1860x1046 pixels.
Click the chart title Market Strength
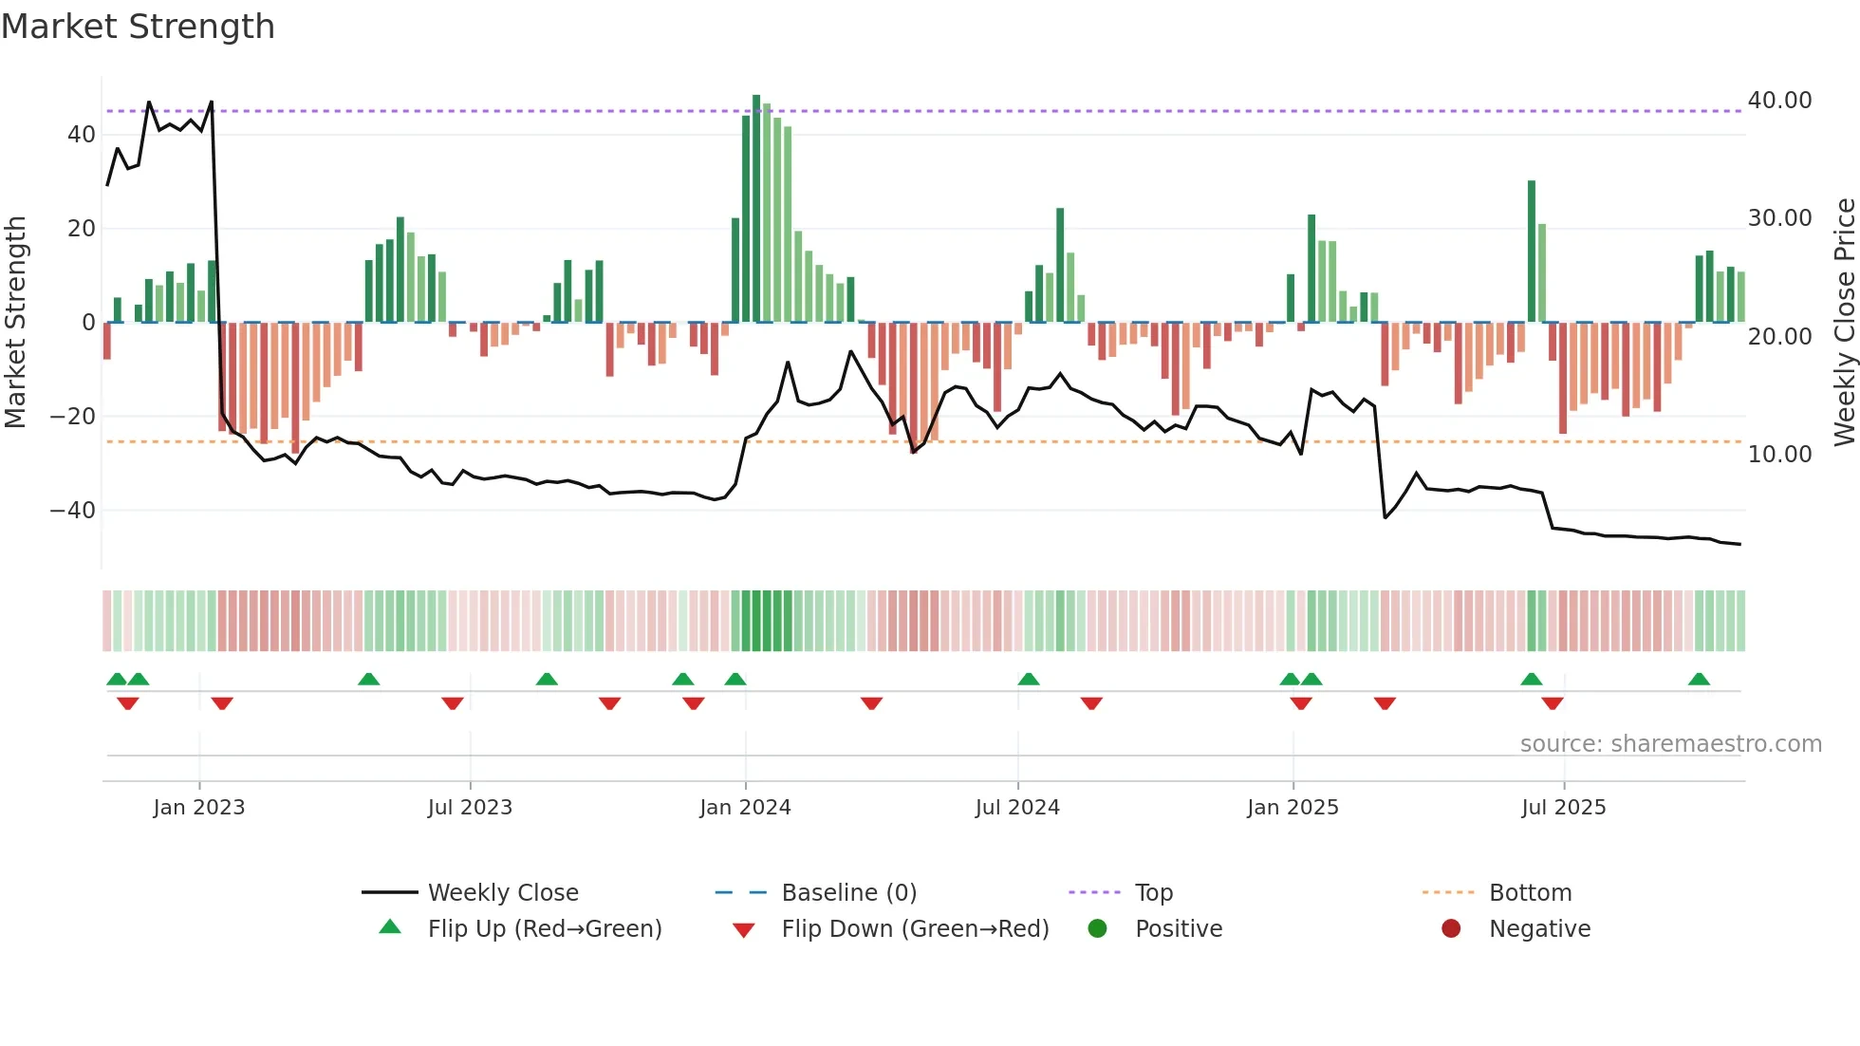[138, 27]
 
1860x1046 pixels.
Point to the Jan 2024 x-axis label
[745, 808]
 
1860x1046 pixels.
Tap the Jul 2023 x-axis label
[470, 808]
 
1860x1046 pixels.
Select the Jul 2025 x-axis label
[1563, 808]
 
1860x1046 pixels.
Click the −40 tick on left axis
[73, 511]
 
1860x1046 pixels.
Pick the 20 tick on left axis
[82, 229]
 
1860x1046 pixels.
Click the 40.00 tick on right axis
[1779, 101]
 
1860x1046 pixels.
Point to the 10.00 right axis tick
[1779, 455]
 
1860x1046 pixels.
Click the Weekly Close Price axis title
[1844, 323]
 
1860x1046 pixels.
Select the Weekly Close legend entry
[503, 893]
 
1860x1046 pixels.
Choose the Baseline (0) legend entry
[848, 893]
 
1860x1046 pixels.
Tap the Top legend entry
[1154, 893]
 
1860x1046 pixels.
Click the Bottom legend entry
[1530, 893]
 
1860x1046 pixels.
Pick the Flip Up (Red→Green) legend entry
[544, 929]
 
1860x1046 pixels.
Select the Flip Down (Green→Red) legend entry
[915, 929]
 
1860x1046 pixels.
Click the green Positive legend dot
[1098, 929]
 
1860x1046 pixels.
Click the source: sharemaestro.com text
[1670, 744]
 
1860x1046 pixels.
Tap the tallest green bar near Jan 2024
[756, 209]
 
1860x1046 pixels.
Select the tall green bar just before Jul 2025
[1532, 252]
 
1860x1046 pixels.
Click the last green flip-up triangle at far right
[1699, 680]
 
